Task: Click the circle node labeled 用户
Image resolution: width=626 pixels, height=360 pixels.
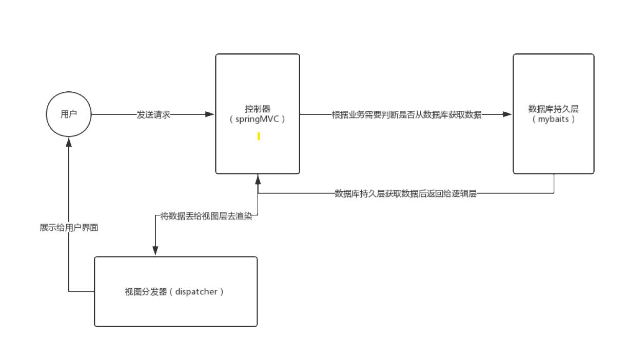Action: (x=69, y=114)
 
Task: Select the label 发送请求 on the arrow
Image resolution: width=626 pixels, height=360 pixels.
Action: (x=153, y=114)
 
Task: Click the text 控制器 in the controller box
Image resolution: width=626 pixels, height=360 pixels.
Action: (x=257, y=109)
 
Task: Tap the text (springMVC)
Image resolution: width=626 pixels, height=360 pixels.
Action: (x=257, y=119)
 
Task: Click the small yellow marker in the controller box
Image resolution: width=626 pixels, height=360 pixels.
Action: (x=259, y=136)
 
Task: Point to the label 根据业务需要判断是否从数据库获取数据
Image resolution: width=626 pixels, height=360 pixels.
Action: (x=406, y=114)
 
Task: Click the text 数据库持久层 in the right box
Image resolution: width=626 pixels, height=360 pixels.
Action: (x=553, y=109)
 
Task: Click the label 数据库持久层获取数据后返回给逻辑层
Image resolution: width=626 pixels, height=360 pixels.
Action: (x=405, y=193)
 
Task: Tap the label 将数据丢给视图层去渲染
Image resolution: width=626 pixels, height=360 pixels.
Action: (x=206, y=216)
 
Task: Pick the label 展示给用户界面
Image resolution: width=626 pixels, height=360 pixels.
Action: (x=69, y=228)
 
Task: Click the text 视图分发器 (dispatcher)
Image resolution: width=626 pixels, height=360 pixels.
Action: (x=174, y=292)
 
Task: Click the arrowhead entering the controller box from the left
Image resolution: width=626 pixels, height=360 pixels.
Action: (x=210, y=114)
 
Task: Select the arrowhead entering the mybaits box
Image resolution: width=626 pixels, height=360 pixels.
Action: (x=507, y=114)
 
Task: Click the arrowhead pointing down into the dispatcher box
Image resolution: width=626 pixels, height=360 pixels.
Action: (x=155, y=250)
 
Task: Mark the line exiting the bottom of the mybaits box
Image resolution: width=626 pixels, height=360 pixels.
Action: (x=554, y=184)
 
